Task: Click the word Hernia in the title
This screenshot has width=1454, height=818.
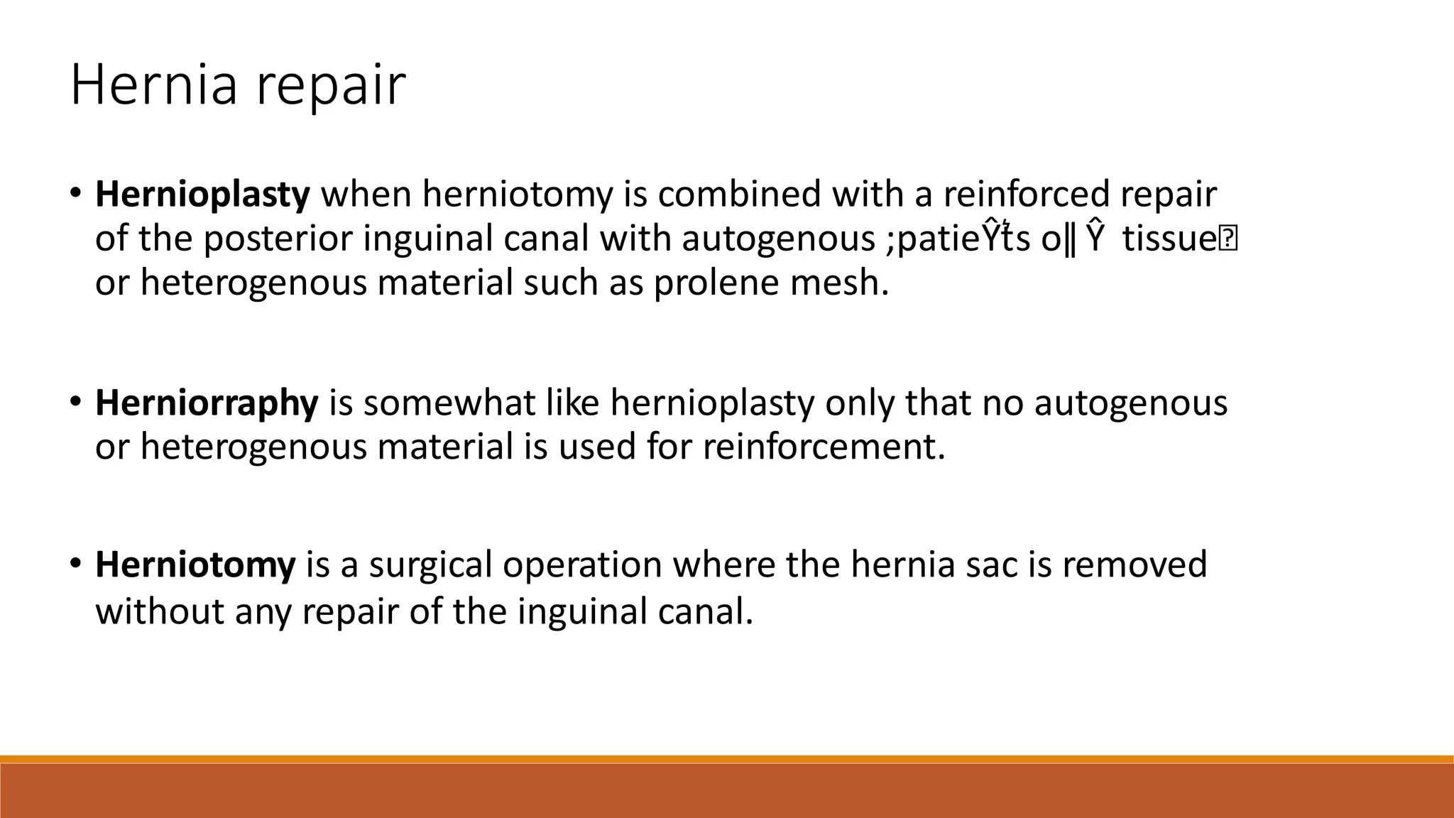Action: (x=153, y=85)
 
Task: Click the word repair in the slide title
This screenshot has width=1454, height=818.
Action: (x=330, y=89)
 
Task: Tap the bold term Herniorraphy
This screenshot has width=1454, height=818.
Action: (x=207, y=403)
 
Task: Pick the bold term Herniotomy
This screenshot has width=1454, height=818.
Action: (x=195, y=565)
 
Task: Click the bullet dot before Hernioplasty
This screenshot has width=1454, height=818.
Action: (x=76, y=193)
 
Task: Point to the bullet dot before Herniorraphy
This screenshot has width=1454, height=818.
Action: (x=76, y=401)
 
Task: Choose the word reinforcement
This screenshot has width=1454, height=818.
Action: (x=824, y=447)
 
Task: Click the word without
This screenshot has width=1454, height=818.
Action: (x=160, y=611)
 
